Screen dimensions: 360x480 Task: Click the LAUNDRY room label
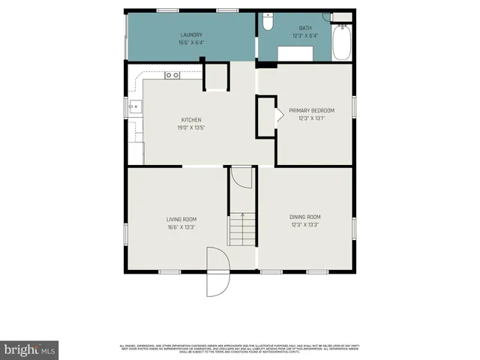[x=192, y=35]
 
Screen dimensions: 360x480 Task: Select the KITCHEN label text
[x=191, y=119]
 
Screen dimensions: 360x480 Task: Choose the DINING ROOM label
[x=304, y=217]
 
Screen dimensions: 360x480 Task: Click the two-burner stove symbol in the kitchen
[x=172, y=74]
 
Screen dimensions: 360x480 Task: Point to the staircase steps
[x=242, y=229]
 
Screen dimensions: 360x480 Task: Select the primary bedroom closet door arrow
[x=277, y=115]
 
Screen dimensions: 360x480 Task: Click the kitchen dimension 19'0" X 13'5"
[x=191, y=127]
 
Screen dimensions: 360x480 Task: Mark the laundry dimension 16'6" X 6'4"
[x=192, y=43]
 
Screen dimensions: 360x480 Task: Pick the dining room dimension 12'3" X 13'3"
[x=304, y=224]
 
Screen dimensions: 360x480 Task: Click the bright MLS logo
[x=30, y=349]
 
